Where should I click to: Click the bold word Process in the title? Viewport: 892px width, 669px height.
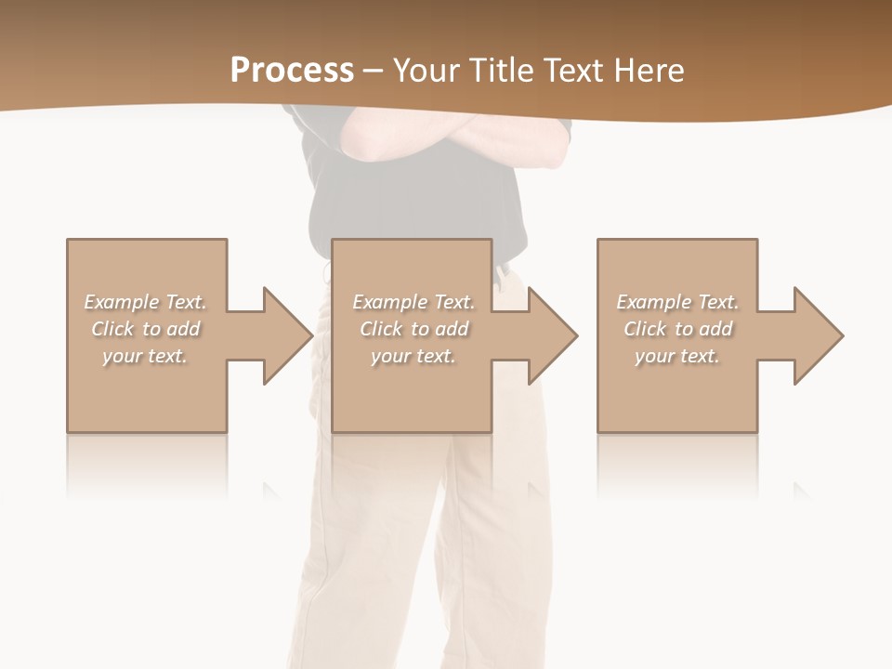click(x=292, y=71)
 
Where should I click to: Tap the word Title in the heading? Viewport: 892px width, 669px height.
click(x=502, y=71)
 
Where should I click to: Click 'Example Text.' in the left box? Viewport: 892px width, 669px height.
click(x=146, y=302)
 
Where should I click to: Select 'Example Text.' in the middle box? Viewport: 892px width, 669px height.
click(x=413, y=302)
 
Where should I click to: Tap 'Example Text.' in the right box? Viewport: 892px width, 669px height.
click(x=677, y=302)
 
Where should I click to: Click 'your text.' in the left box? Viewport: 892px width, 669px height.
click(x=145, y=356)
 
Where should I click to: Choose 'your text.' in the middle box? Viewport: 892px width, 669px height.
click(x=413, y=356)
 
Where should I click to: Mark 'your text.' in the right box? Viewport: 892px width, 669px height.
click(x=677, y=356)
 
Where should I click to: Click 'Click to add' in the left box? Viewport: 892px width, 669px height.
click(x=146, y=329)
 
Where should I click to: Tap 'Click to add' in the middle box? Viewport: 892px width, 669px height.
click(x=413, y=329)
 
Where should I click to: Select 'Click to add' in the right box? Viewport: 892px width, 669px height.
click(x=677, y=329)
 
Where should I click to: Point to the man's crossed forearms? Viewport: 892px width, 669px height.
click(x=455, y=139)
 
